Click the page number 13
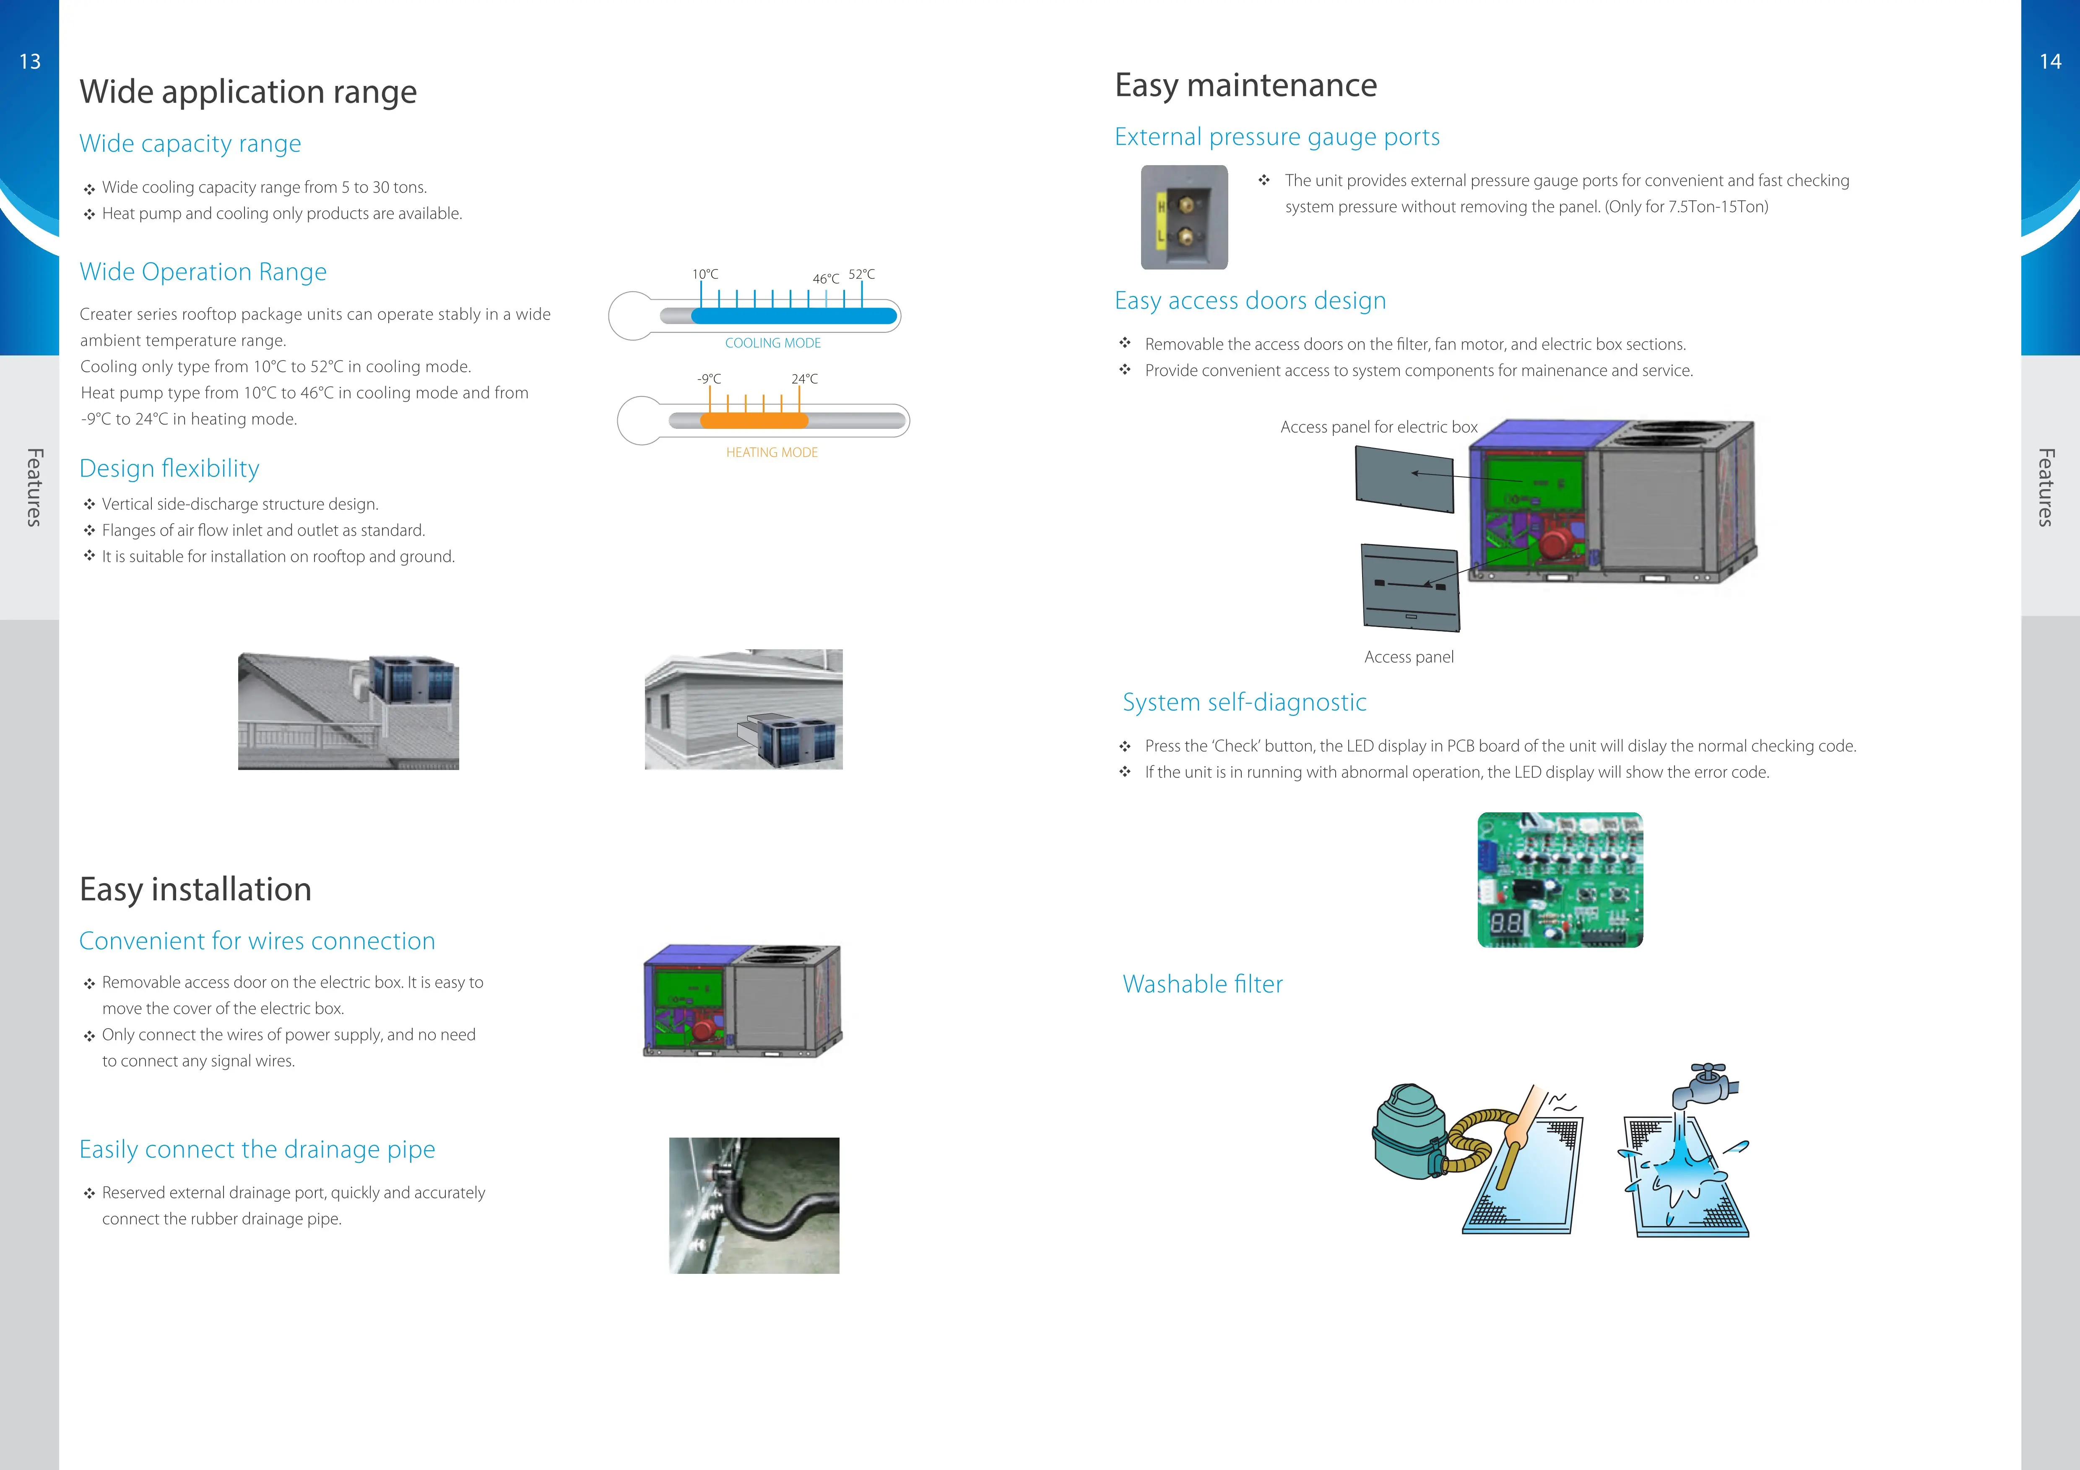[30, 62]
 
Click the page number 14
[2050, 62]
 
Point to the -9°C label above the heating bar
[709, 379]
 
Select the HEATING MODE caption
[772, 452]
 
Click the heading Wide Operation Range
[203, 272]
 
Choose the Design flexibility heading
[169, 468]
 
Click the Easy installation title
[196, 889]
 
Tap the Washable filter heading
[1202, 985]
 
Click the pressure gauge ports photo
[1184, 218]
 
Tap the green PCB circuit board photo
[1560, 879]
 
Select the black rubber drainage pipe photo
[754, 1206]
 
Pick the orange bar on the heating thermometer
[754, 420]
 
